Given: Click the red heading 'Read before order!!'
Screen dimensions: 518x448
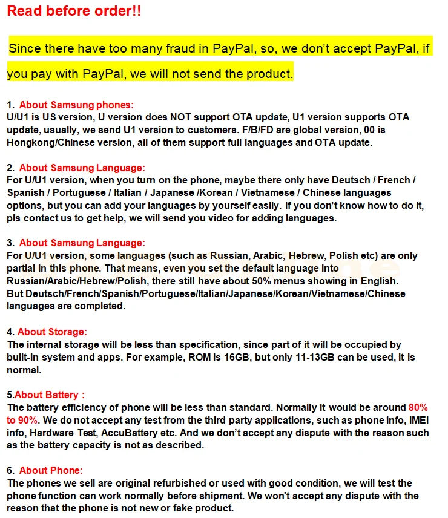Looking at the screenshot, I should (74, 11).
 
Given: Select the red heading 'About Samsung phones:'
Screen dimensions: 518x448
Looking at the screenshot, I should (76, 105).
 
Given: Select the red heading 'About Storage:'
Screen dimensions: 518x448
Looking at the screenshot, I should (52, 332).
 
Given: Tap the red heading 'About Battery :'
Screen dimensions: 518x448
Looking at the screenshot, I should (50, 395).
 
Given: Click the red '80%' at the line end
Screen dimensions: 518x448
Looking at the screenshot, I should (418, 407).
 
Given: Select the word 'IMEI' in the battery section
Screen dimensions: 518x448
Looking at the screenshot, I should (418, 420).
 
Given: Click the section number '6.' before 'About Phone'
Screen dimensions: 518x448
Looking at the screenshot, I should (11, 470).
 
